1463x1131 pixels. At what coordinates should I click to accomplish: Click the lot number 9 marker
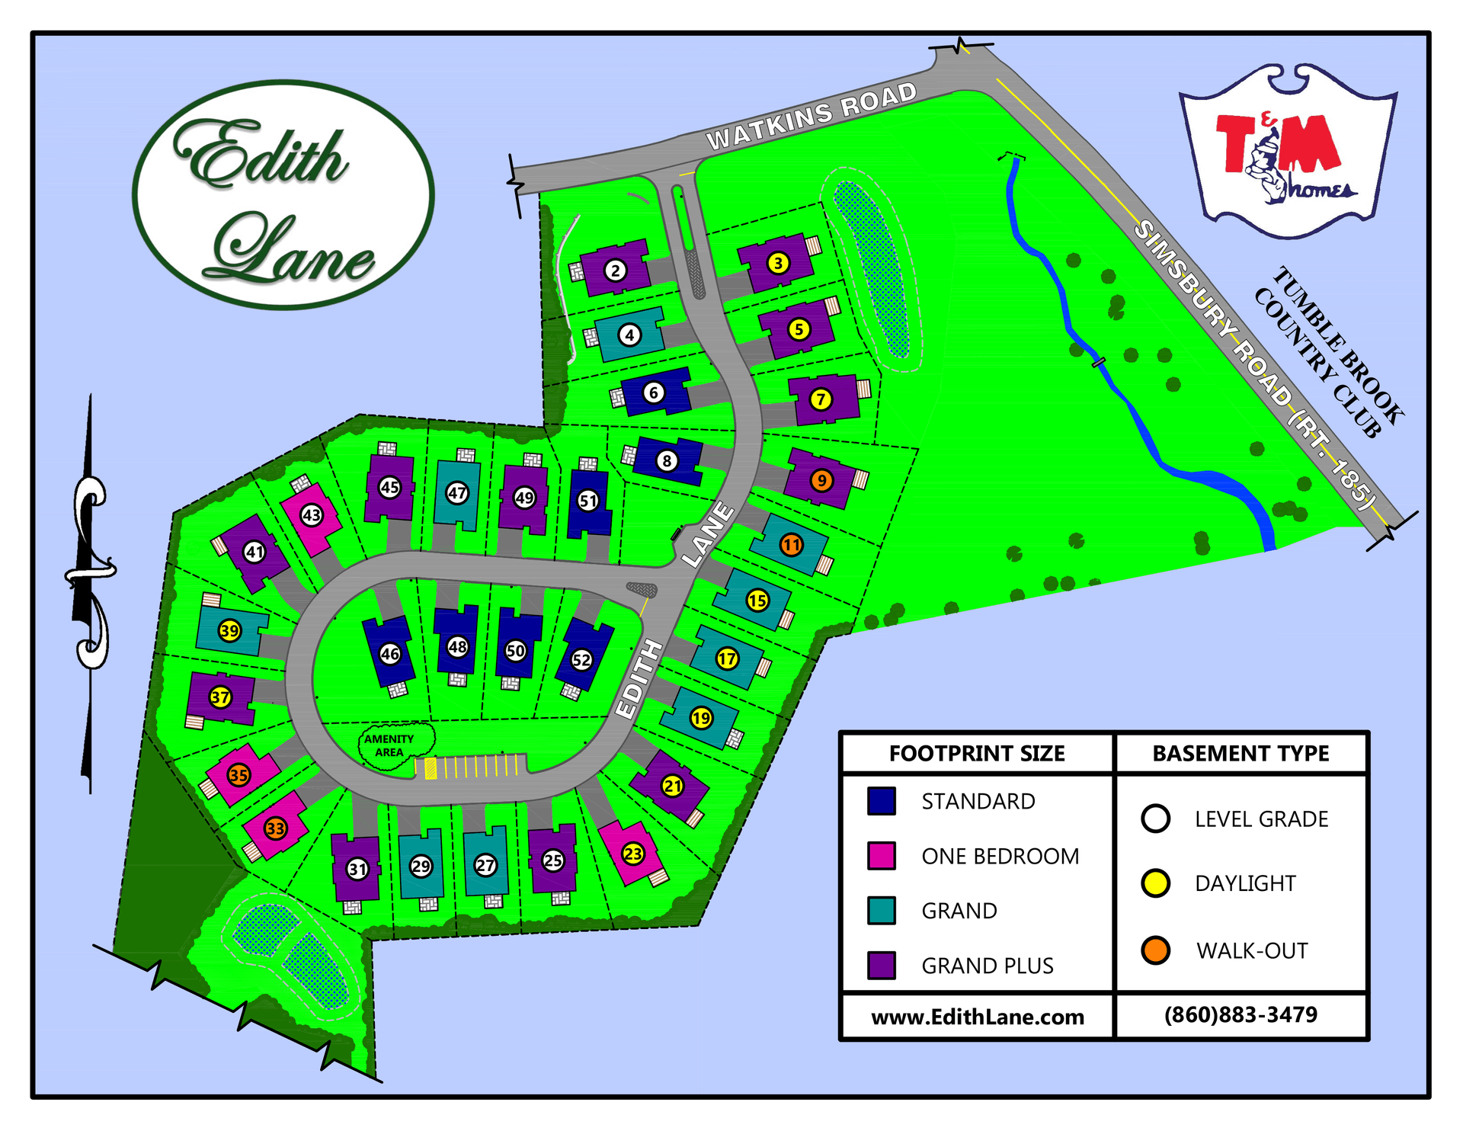(821, 481)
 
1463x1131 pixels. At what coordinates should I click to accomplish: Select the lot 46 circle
(389, 654)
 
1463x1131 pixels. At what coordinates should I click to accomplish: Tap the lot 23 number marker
(633, 854)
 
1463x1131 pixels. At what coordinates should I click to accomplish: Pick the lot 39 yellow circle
(229, 630)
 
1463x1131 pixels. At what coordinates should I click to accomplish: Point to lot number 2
(616, 270)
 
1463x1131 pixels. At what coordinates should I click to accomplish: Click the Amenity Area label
(389, 745)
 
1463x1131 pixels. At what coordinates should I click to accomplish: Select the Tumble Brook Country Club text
(1329, 352)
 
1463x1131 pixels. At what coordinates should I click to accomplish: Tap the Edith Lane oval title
(283, 195)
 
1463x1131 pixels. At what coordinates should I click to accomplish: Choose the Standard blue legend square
(881, 801)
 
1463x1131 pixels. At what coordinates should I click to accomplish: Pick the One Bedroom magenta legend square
(881, 856)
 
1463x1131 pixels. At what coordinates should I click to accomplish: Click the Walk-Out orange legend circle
(1155, 950)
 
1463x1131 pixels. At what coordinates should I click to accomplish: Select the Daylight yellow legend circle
(1155, 883)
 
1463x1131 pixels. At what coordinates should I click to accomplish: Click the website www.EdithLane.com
(977, 1017)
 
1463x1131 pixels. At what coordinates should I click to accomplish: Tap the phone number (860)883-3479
(1241, 1015)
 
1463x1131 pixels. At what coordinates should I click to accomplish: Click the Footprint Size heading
(977, 754)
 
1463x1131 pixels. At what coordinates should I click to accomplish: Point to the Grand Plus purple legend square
(881, 965)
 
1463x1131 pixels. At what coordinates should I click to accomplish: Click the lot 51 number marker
(588, 501)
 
